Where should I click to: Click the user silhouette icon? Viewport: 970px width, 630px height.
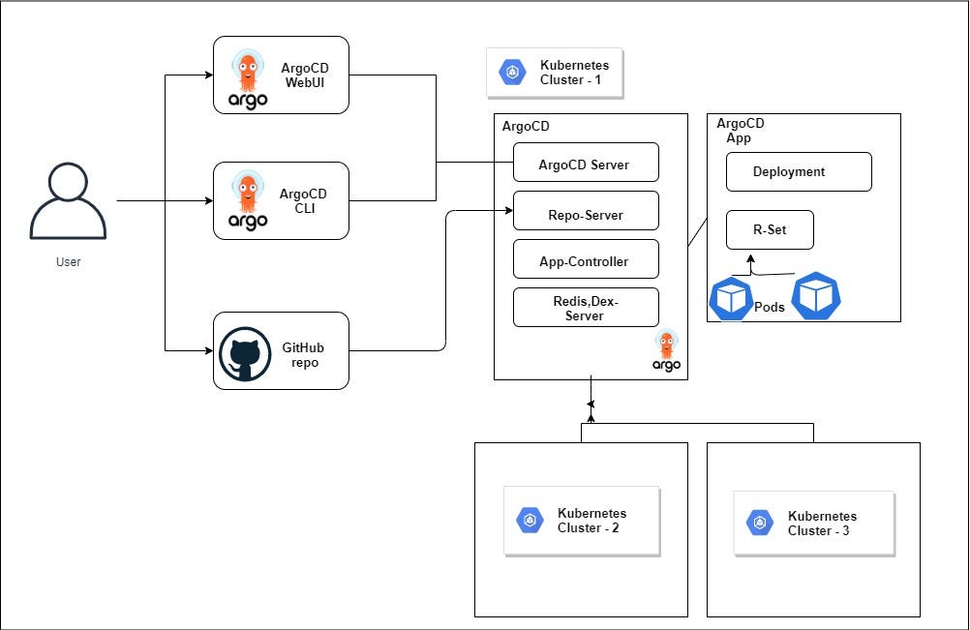(x=68, y=201)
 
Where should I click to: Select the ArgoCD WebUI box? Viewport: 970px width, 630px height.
(x=281, y=75)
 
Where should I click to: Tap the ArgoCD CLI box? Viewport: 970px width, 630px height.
(x=281, y=201)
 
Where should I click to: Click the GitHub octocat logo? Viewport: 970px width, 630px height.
(x=245, y=353)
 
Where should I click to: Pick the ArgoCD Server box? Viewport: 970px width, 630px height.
(x=586, y=163)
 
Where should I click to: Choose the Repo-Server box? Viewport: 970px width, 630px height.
(x=586, y=211)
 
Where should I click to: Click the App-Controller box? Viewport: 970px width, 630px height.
(x=586, y=259)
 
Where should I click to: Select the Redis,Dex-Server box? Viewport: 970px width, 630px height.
(x=586, y=308)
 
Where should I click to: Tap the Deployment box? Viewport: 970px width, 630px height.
(x=799, y=172)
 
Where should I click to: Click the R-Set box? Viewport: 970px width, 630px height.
(x=770, y=230)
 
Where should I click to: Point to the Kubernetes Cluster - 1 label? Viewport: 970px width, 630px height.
(x=555, y=73)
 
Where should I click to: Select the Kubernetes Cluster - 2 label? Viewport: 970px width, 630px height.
(x=582, y=522)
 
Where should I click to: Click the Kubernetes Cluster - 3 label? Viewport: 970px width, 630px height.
(x=814, y=524)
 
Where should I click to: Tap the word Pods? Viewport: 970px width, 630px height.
(x=769, y=307)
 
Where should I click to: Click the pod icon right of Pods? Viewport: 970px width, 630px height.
(x=816, y=296)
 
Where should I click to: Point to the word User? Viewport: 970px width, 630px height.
(x=68, y=261)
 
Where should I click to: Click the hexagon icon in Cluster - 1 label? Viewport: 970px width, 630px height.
(x=512, y=73)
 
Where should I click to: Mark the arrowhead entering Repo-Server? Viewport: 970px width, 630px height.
(x=509, y=211)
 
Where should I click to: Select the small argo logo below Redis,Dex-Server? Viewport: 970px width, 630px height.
(x=666, y=350)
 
